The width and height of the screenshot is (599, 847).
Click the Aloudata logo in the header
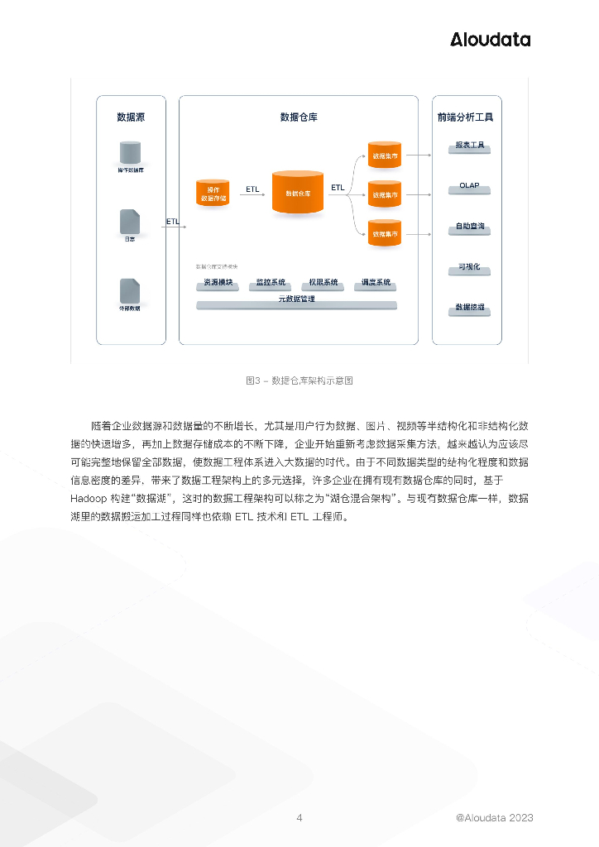490,39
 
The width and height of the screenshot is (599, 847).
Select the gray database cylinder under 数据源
130,152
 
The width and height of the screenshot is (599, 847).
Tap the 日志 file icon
130,221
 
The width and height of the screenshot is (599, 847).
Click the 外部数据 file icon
130,291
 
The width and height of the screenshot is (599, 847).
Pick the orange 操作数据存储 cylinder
212,192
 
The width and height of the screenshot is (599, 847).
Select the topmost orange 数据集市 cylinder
385,156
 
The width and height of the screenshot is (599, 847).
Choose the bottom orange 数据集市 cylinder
385,233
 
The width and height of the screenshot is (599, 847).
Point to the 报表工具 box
469,146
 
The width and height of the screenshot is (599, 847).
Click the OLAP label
469,187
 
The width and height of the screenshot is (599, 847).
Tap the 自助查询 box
469,227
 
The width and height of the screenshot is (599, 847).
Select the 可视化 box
469,269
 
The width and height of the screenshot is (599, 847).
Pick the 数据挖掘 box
469,309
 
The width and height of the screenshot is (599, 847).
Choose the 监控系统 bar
271,284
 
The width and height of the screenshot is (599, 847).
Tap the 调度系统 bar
375,284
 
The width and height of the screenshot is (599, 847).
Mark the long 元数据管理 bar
296,301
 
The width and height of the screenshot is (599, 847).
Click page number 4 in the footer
299,818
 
